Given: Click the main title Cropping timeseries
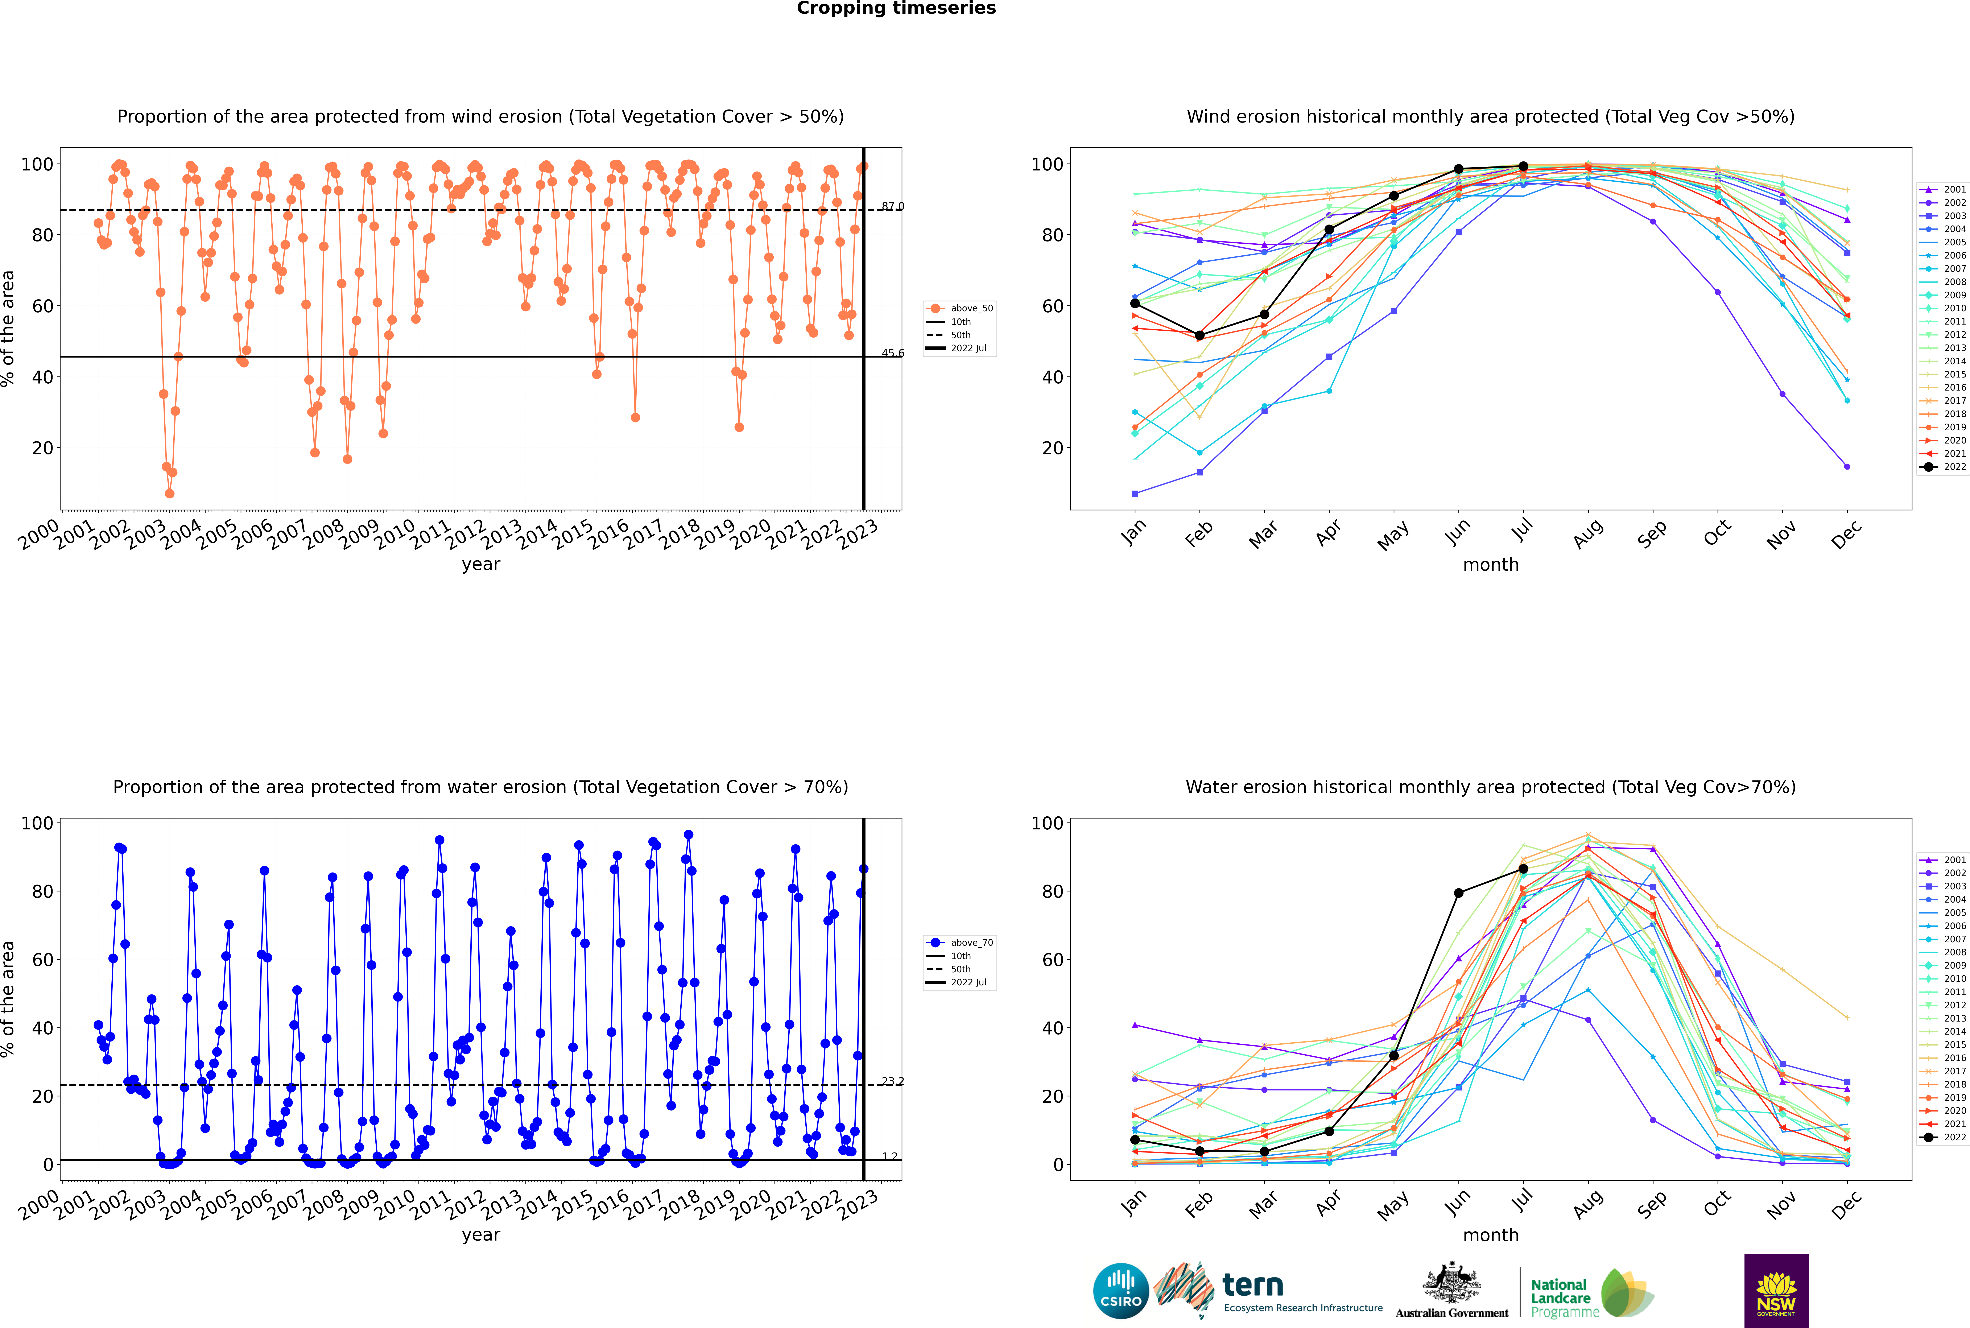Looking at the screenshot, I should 896,8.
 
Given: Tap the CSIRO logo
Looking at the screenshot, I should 1120,1291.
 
